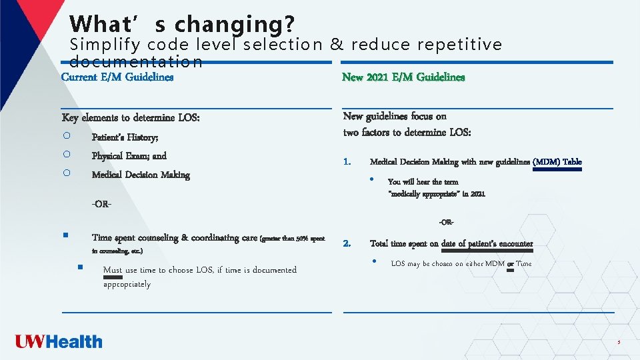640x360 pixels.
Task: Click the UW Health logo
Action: [59, 342]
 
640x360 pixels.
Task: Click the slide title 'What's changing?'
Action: [181, 24]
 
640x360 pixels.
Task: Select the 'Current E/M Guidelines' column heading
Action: [117, 77]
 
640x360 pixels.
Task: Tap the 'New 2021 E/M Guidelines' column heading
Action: [403, 77]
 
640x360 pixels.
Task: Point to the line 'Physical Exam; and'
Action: [129, 156]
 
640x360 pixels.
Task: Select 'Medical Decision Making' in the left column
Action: [141, 175]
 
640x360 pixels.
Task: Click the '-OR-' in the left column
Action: [101, 203]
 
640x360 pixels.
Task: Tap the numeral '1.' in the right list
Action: [347, 162]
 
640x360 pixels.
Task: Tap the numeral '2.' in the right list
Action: [347, 243]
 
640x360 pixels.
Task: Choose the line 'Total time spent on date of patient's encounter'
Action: [451, 243]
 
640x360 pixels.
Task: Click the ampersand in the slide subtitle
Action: [337, 45]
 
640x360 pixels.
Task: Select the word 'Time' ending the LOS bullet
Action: [524, 264]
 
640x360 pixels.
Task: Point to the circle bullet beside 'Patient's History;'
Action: [67, 136]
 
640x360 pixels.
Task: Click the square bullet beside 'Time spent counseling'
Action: [67, 235]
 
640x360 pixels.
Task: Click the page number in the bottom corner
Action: [618, 343]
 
